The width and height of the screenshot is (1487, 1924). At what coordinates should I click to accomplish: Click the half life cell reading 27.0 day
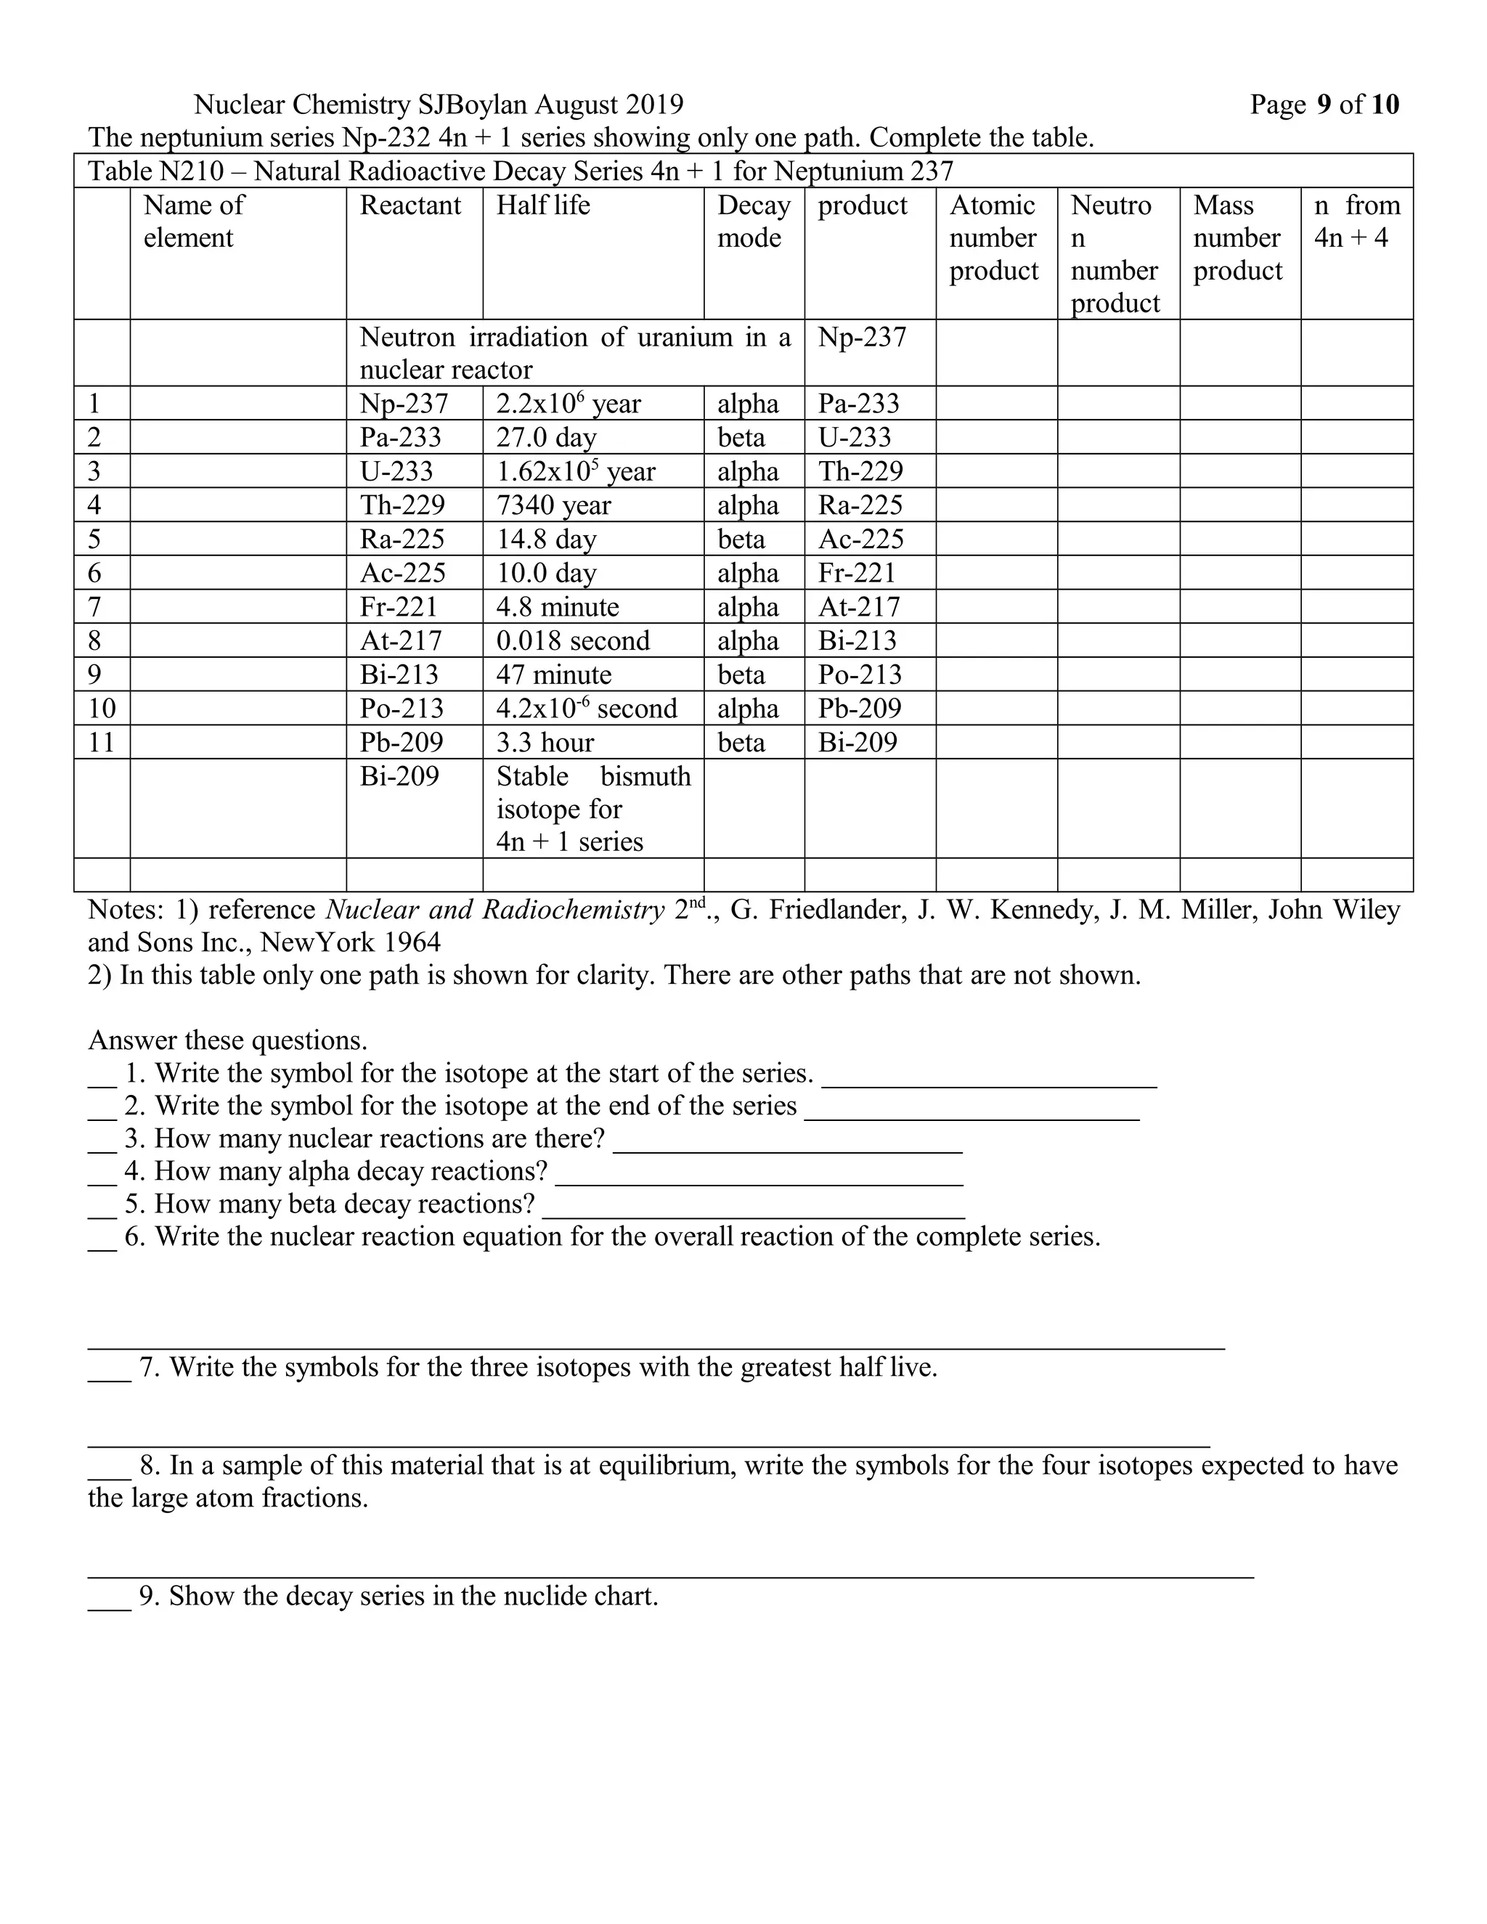click(546, 437)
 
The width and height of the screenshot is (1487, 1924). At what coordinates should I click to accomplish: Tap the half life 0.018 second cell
click(573, 640)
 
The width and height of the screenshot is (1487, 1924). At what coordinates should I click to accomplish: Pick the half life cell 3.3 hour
click(545, 742)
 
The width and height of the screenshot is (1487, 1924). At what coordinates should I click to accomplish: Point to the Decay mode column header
click(753, 221)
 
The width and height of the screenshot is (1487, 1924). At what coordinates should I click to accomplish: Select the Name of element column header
click(194, 221)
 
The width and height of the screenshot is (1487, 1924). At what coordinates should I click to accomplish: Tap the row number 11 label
click(102, 742)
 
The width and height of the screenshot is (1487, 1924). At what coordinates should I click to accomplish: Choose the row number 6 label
click(94, 573)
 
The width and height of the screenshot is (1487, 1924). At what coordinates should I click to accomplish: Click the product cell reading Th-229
click(860, 471)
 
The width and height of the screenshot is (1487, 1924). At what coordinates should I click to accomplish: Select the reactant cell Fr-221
click(398, 607)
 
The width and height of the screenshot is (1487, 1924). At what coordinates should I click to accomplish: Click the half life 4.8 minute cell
click(557, 607)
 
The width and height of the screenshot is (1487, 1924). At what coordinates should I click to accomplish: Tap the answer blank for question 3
click(786, 1142)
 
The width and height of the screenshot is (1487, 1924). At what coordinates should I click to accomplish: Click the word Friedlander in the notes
click(818, 909)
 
